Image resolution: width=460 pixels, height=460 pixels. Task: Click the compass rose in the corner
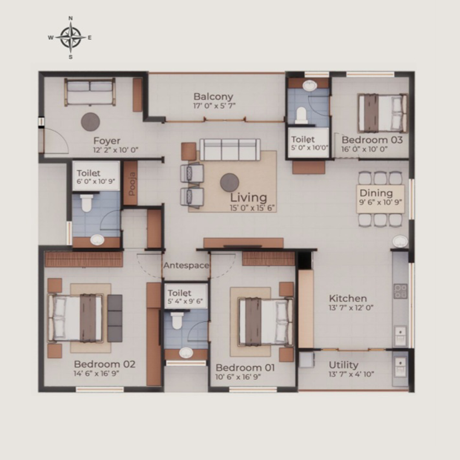[x=71, y=37]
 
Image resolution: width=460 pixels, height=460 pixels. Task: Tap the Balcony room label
[x=213, y=97]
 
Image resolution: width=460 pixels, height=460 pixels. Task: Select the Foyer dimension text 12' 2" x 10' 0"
[x=115, y=150]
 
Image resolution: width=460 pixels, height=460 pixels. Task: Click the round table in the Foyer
[x=90, y=122]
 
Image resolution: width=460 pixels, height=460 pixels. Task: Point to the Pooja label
[x=132, y=184]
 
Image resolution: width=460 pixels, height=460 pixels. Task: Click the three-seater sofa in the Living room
[x=230, y=149]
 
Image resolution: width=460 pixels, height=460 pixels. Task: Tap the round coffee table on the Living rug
[x=230, y=182]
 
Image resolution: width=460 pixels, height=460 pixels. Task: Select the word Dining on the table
[x=376, y=193]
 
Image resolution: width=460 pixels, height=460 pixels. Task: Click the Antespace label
[x=186, y=265]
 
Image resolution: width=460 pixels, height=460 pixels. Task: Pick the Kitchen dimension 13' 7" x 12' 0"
[x=351, y=308]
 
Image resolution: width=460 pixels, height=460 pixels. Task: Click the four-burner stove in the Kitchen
[x=400, y=291]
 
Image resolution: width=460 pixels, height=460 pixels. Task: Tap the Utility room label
[x=344, y=365]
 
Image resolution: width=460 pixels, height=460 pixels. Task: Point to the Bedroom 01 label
[x=245, y=368]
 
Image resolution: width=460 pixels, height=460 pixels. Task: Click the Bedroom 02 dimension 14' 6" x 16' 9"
[x=96, y=374]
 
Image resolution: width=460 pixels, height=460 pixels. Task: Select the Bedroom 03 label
[x=372, y=140]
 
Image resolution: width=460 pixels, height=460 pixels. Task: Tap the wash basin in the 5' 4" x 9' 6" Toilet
[x=186, y=353]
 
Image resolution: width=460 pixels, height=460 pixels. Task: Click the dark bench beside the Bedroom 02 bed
[x=115, y=318]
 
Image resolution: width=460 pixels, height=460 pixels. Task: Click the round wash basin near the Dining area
[x=400, y=242]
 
